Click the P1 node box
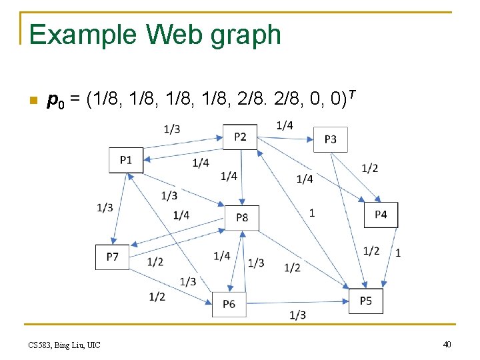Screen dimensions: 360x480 [126, 160]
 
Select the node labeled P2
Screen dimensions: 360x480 [240, 137]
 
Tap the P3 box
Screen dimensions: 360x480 [331, 139]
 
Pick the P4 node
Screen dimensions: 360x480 [381, 215]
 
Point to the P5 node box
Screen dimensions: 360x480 [366, 301]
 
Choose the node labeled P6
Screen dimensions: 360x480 [229, 304]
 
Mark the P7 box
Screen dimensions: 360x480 [112, 257]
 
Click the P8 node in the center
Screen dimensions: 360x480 [242, 218]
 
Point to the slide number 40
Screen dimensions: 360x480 [446, 344]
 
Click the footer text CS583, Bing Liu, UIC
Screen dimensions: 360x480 [64, 345]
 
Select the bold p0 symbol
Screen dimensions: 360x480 [55, 101]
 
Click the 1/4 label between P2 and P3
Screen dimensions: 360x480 [284, 125]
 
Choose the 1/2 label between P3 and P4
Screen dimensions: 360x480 [370, 168]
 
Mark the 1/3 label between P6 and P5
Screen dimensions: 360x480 [298, 315]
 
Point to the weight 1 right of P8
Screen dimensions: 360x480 [311, 213]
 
